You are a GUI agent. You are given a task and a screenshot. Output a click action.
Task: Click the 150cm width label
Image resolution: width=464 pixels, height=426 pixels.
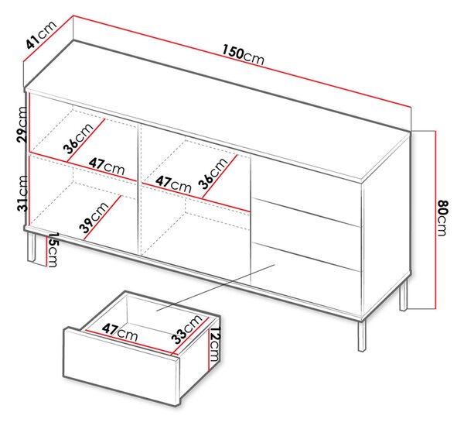(243, 55)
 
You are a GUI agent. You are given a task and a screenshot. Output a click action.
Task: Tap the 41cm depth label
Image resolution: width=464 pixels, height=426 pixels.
(41, 34)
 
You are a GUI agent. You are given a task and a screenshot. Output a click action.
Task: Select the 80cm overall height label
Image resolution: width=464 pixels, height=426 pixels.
(442, 218)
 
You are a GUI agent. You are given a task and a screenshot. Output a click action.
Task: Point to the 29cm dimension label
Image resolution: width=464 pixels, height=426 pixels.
(22, 124)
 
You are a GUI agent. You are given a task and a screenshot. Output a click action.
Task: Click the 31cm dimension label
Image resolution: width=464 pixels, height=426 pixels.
(22, 194)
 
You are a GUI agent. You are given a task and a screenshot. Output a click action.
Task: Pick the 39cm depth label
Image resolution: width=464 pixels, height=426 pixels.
(94, 218)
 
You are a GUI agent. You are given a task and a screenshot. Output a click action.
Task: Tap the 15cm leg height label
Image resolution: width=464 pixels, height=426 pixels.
(53, 249)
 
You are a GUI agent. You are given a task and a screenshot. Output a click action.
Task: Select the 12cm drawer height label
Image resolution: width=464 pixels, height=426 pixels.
(215, 344)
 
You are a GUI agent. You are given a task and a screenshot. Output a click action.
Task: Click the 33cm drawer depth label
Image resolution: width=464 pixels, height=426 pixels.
(188, 329)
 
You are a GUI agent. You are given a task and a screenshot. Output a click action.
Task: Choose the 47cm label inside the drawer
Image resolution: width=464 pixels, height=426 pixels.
(120, 332)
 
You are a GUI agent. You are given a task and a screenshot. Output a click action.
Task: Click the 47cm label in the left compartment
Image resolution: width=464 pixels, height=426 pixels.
(107, 167)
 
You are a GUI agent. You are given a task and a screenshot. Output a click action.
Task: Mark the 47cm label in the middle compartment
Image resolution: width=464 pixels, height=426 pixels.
(173, 184)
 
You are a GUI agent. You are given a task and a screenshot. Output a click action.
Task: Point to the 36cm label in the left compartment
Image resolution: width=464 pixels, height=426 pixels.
(78, 139)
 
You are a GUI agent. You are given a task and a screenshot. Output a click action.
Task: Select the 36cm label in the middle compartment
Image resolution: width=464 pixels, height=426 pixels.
(213, 173)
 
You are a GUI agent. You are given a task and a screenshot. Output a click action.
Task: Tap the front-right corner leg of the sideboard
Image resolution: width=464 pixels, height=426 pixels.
(362, 335)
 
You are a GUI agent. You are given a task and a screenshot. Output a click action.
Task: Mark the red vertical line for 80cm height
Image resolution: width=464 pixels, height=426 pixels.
(435, 220)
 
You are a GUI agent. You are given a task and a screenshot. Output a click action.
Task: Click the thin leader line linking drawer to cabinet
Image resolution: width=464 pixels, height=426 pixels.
(216, 287)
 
